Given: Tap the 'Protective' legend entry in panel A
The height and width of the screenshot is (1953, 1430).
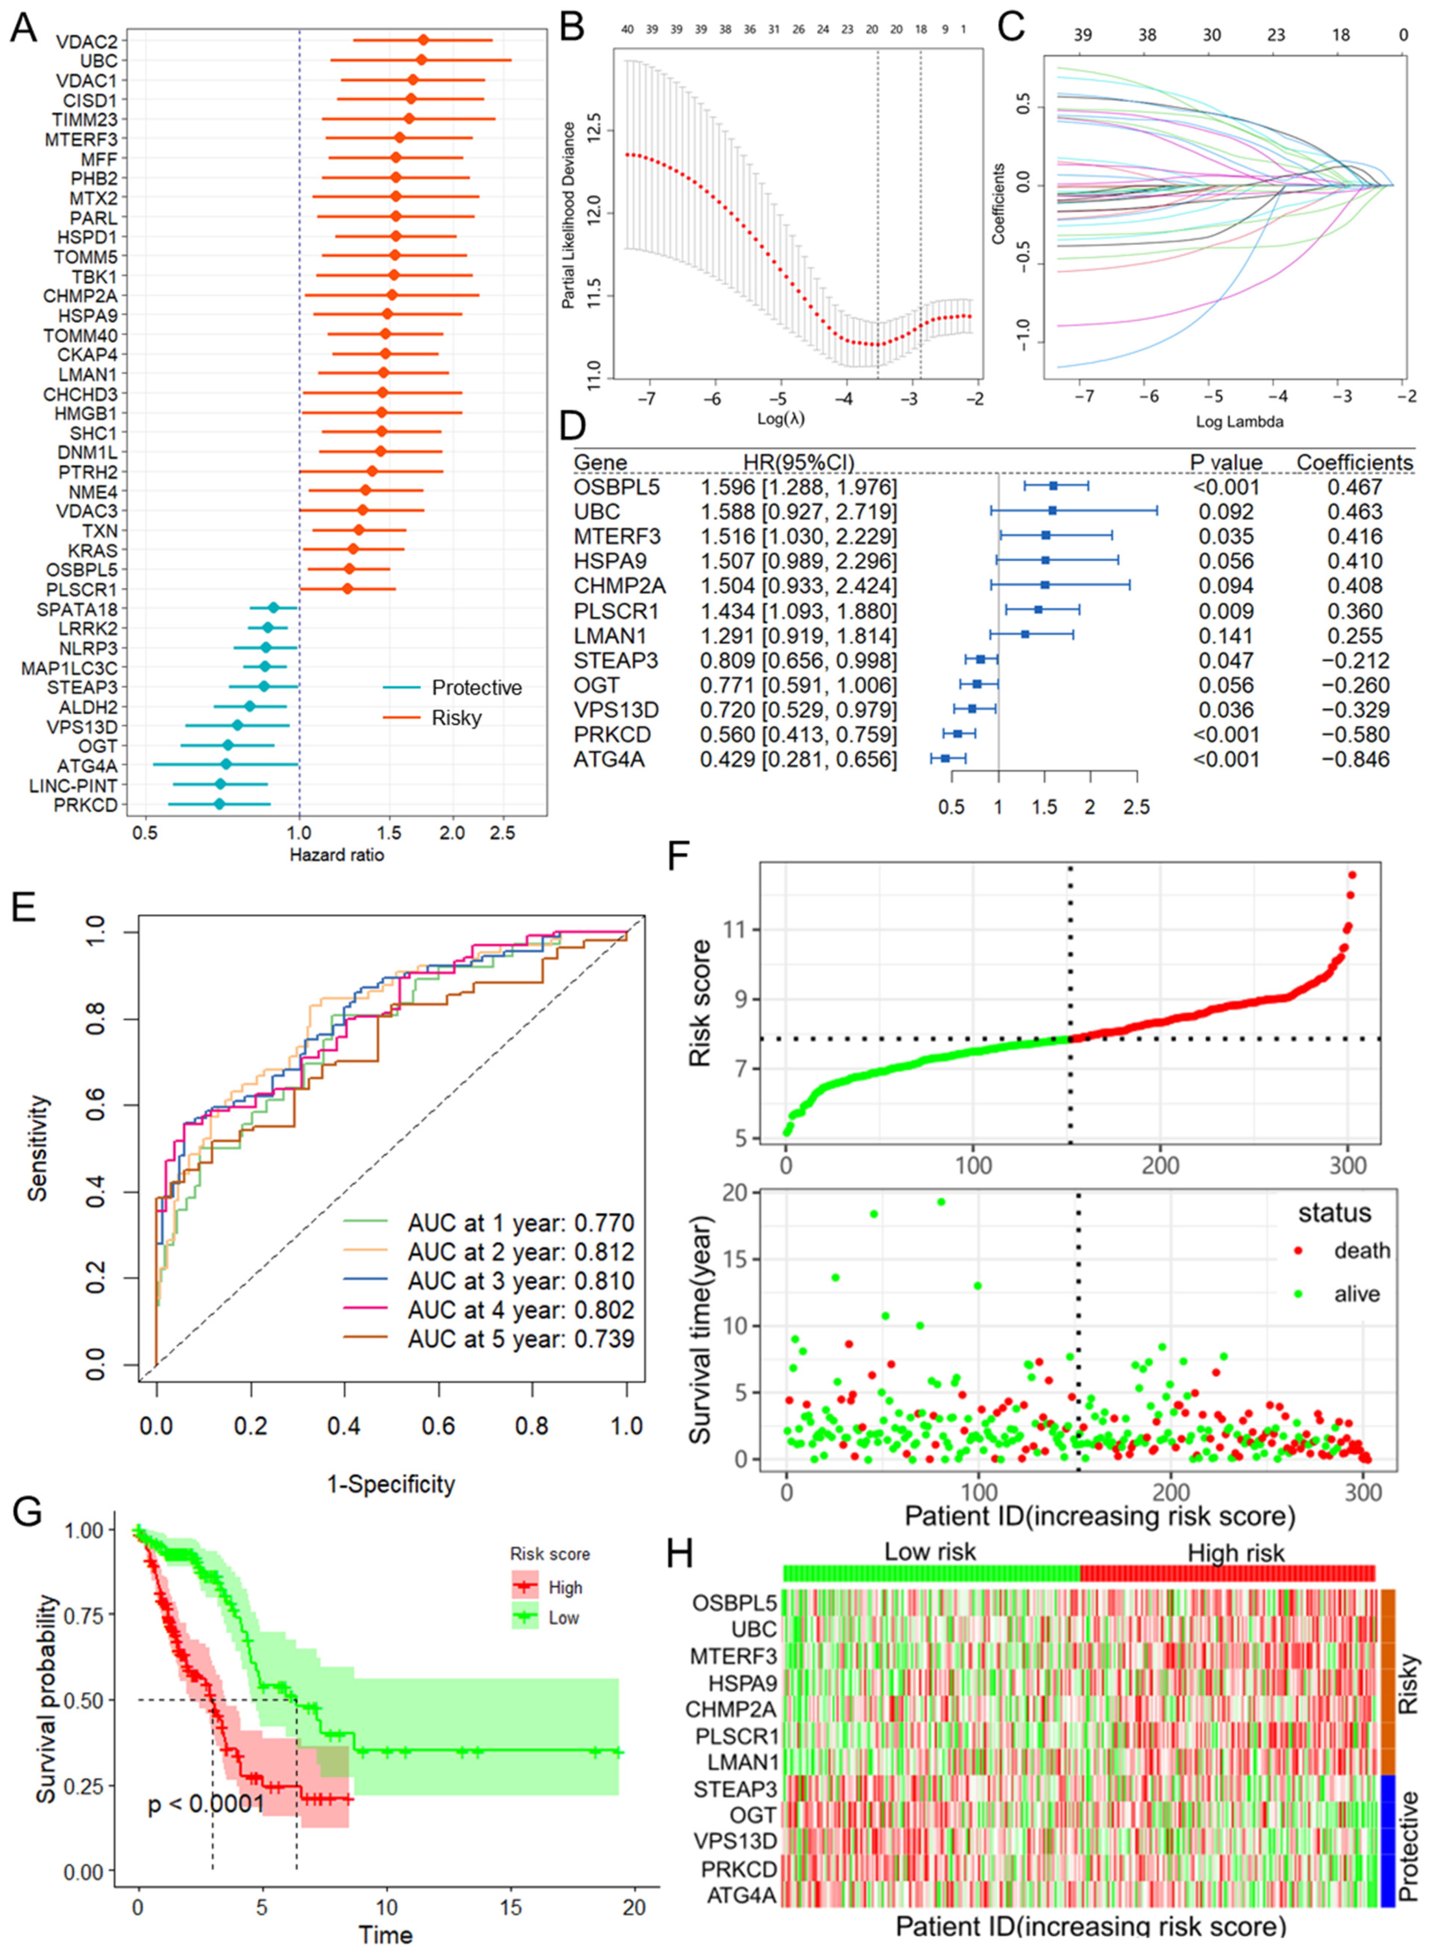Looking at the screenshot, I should [476, 688].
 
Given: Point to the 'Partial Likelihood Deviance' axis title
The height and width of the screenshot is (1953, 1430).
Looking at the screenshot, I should [569, 215].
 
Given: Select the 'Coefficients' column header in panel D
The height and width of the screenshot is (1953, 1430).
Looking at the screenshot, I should [1354, 463].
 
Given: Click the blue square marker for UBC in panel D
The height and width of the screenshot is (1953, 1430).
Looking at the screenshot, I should [1052, 511].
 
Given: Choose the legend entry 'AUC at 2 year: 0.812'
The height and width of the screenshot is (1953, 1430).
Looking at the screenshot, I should [520, 1252].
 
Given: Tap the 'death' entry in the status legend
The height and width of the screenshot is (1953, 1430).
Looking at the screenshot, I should [1362, 1251].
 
